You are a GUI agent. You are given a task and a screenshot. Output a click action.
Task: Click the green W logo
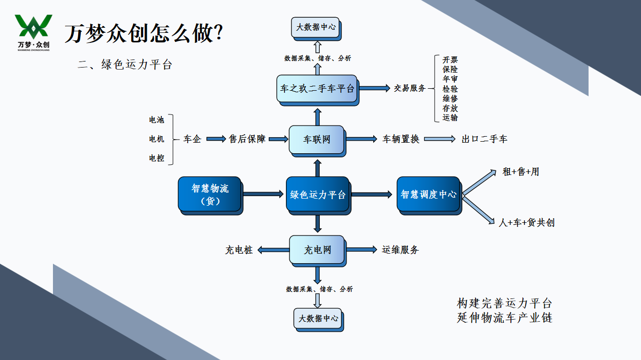pos(33,27)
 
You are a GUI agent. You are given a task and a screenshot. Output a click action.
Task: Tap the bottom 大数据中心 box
pos(319,320)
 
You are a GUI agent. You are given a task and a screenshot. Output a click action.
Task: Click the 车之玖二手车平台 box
pos(318,90)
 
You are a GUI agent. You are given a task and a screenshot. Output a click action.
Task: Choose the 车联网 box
pos(317,141)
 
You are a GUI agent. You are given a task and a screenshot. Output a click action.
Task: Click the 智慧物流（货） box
pos(210,196)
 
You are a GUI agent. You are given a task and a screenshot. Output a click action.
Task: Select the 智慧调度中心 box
pos(429,196)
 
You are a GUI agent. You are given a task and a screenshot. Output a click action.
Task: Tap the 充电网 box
pos(318,251)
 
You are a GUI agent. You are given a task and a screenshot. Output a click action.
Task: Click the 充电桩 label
pos(239,250)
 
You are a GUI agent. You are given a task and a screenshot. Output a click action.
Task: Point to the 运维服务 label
pos(400,250)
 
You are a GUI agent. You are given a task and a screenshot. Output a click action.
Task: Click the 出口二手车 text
pos(484,139)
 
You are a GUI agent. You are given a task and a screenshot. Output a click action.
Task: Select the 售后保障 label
pos(247,139)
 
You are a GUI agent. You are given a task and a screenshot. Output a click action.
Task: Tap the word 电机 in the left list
pos(156,139)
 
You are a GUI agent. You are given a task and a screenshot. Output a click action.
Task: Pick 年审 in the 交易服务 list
pos(450,79)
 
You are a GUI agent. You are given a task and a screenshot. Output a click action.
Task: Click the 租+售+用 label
pos(521,172)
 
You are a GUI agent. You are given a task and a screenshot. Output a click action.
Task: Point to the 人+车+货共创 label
pos(527,222)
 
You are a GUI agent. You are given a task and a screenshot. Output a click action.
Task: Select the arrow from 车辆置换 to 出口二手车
pos(440,139)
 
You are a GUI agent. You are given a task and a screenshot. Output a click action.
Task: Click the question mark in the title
pos(218,32)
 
